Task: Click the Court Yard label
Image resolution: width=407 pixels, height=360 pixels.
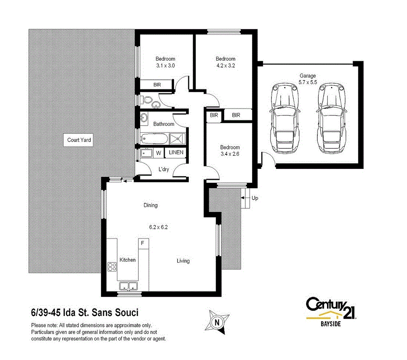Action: coord(79,140)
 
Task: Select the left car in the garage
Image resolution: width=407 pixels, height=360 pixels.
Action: coord(286,118)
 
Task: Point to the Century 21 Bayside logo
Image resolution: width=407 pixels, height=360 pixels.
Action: coord(331,312)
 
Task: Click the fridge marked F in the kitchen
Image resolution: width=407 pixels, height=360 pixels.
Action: coord(143,243)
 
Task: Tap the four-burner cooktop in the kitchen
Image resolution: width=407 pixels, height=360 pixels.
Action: coord(112,267)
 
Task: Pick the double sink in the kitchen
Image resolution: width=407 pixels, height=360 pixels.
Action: coord(128,286)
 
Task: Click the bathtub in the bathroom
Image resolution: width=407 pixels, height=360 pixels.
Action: coord(155,138)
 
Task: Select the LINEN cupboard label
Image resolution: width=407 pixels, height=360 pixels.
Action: coord(175,153)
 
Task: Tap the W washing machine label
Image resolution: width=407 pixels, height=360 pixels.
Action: coord(158,153)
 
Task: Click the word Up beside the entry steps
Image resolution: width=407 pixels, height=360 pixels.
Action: coord(255,198)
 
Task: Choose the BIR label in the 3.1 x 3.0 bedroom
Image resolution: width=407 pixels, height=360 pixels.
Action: coord(157,85)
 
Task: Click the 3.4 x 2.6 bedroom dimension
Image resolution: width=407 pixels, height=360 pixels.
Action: coord(230,154)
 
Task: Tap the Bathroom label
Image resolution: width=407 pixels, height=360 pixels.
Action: coord(163,124)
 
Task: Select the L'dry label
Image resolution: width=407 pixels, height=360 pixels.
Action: coord(164,169)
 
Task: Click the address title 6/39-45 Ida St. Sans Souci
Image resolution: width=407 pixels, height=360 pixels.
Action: coord(84,312)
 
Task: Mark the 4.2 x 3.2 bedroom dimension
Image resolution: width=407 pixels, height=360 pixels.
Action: coord(225,65)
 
